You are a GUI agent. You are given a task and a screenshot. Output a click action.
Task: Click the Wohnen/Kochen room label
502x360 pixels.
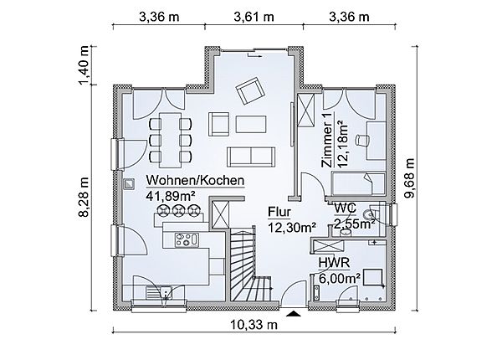195,181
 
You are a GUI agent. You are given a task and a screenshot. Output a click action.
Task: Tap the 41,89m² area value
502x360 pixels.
171,195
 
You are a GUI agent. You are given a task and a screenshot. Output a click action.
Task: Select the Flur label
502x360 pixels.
279,212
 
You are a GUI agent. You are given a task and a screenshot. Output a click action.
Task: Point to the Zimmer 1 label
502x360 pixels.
327,140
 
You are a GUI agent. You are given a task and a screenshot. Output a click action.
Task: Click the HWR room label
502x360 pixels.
334,263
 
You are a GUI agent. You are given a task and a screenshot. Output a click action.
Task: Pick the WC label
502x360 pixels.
345,208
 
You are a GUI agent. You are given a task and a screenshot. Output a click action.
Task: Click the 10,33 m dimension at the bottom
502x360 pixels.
254,325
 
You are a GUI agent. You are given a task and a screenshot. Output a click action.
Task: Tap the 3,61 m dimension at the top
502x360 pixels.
254,17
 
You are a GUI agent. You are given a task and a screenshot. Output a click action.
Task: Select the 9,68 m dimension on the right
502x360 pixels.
409,178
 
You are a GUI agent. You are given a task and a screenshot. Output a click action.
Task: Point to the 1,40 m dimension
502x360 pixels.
85,65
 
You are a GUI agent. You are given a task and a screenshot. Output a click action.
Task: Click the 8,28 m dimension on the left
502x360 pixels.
85,197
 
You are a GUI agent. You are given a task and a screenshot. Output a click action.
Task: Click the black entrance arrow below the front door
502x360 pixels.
294,314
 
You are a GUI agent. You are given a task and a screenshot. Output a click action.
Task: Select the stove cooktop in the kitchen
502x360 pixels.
187,240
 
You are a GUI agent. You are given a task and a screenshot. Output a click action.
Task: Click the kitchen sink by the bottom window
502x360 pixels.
159,292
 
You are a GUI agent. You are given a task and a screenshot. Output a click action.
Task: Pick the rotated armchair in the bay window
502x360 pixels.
250,90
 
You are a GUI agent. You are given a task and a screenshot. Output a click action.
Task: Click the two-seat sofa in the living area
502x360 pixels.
251,157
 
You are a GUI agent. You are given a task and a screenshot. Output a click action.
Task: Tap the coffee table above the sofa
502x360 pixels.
251,124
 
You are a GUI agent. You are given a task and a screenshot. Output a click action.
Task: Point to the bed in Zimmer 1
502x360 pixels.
358,184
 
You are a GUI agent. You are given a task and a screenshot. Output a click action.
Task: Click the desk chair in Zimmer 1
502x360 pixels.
362,140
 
